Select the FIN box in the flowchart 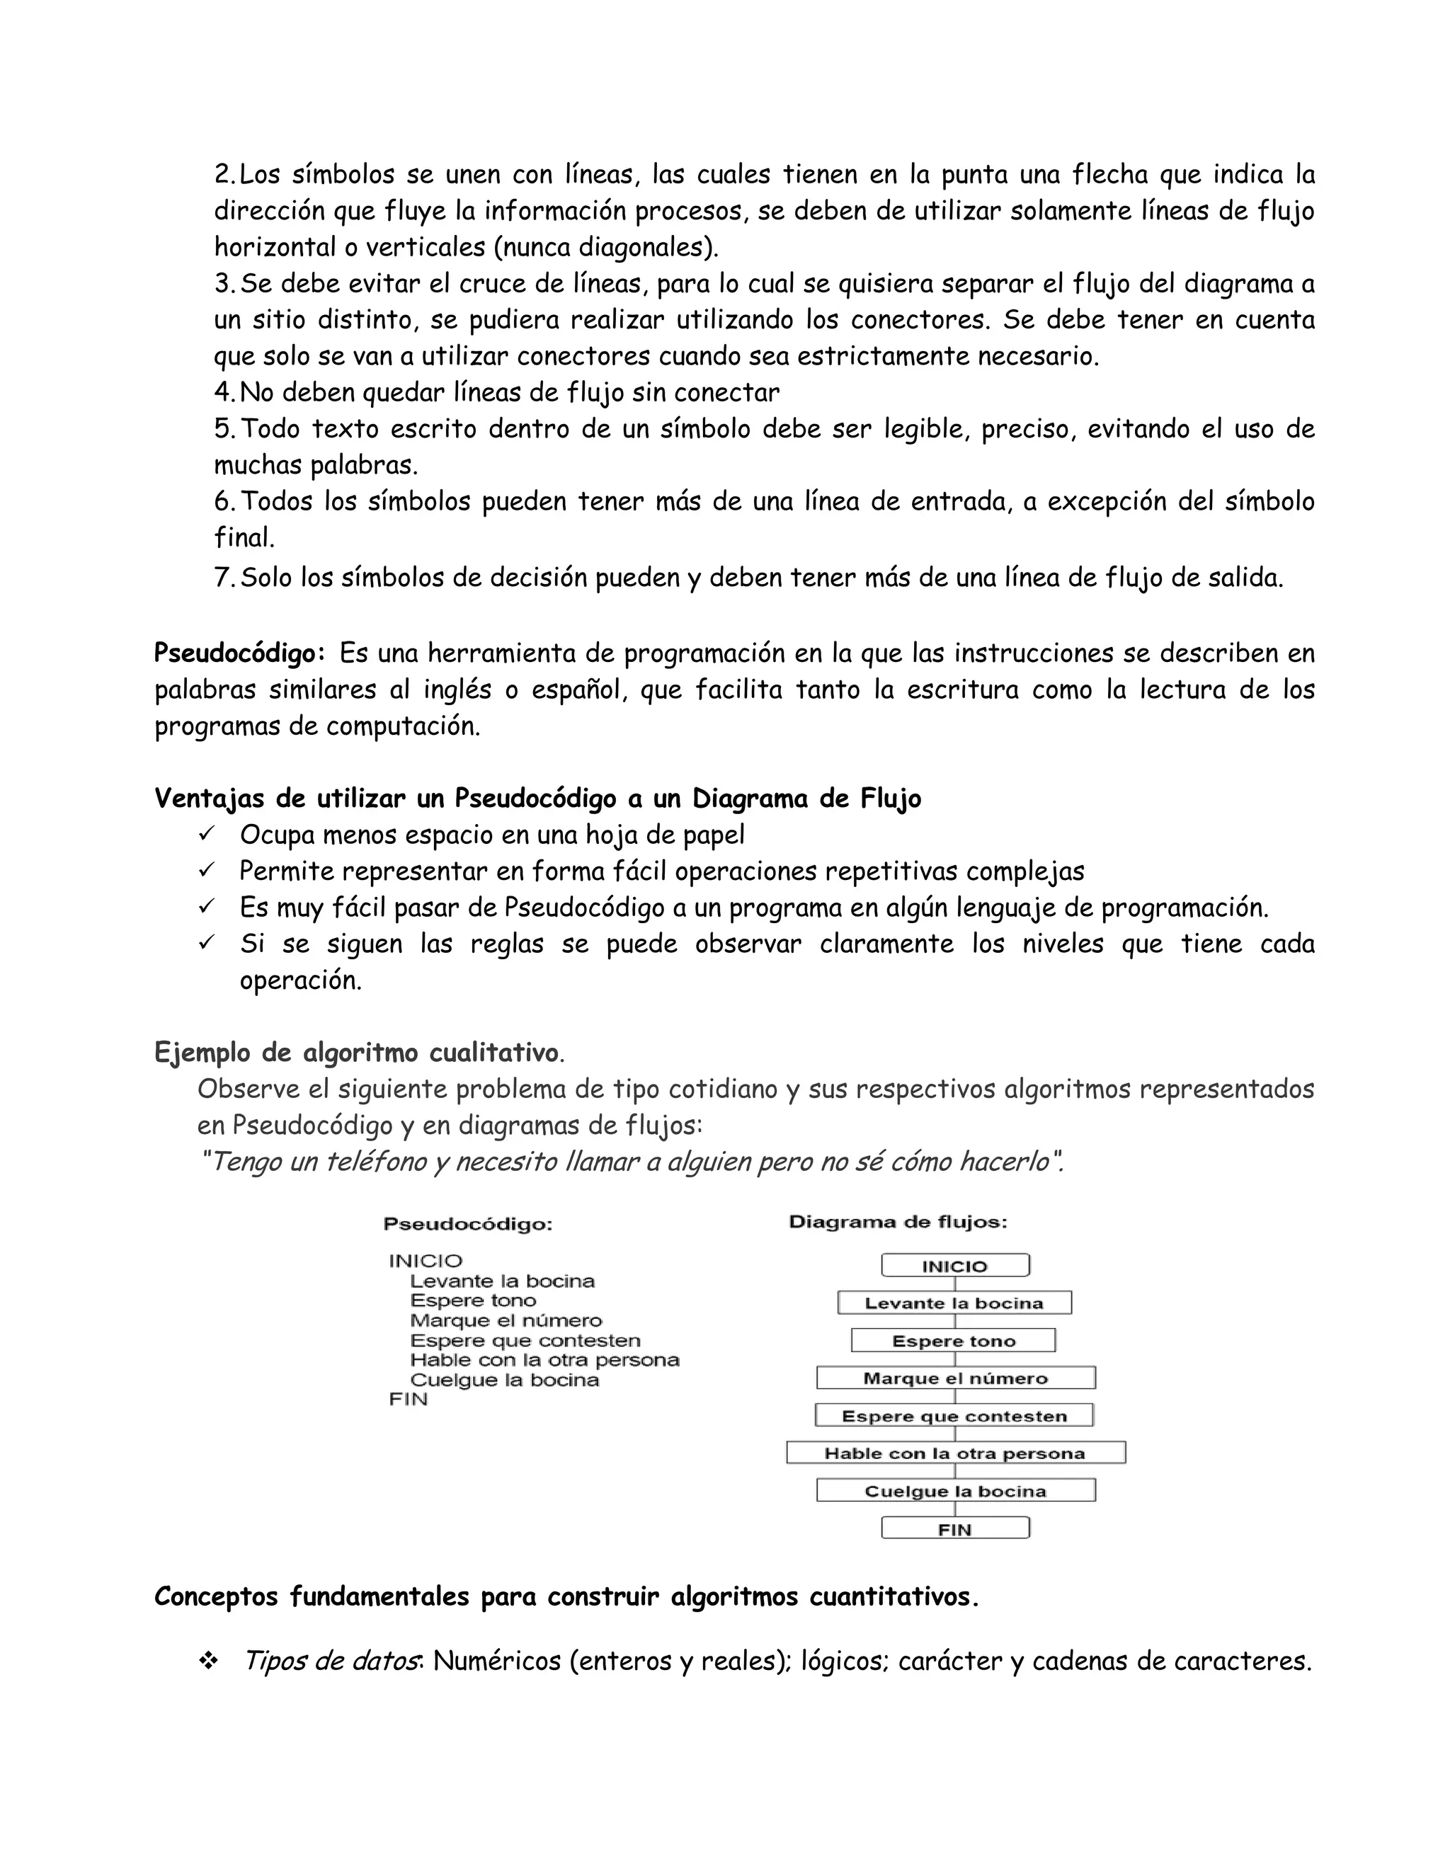pyautogui.click(x=954, y=1529)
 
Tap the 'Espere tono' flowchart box pyautogui.click(x=954, y=1341)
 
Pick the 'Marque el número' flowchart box pyautogui.click(x=955, y=1378)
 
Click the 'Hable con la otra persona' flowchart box pyautogui.click(x=955, y=1453)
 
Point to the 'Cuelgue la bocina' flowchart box pyautogui.click(x=955, y=1491)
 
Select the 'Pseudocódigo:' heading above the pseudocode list pyautogui.click(x=467, y=1224)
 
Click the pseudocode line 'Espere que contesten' pyautogui.click(x=525, y=1341)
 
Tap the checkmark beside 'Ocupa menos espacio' pyautogui.click(x=205, y=834)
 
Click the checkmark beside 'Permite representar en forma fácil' pyautogui.click(x=205, y=870)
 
